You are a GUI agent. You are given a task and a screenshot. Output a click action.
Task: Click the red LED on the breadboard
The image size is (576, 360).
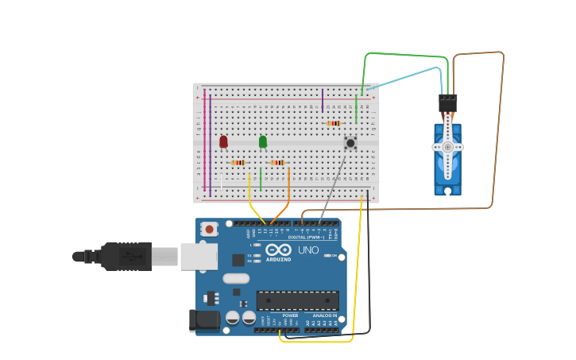coord(223,141)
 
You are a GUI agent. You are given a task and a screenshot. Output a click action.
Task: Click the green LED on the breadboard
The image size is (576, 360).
coord(263,141)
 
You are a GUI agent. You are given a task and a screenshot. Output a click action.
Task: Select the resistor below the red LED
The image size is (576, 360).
coord(238,163)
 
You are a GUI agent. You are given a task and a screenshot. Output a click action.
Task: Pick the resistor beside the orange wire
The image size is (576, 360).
coord(277,163)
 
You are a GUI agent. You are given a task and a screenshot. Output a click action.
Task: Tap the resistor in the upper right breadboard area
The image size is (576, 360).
coord(334,123)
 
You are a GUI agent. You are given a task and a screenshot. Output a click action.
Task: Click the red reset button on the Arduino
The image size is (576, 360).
coord(209,229)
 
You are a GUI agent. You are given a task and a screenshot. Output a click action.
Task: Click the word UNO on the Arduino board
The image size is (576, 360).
coord(308,250)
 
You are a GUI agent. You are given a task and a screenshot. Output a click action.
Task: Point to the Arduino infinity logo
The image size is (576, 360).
coord(278,250)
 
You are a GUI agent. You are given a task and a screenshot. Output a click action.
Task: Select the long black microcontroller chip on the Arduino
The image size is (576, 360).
coord(297,300)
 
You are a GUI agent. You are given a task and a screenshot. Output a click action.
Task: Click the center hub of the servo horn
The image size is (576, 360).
coord(448,147)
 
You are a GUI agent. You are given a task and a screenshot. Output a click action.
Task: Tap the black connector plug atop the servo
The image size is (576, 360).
coord(448,103)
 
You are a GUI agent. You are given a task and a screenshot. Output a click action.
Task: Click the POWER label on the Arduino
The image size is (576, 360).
coord(291,315)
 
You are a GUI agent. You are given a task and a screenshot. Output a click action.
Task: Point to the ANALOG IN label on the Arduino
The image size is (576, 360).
coord(326,315)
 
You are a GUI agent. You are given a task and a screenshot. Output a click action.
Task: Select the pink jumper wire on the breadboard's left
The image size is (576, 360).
coord(205,139)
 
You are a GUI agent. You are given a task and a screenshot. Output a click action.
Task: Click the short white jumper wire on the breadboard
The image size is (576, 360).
coord(222,182)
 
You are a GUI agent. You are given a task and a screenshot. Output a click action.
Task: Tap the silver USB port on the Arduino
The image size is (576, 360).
coord(199,256)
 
